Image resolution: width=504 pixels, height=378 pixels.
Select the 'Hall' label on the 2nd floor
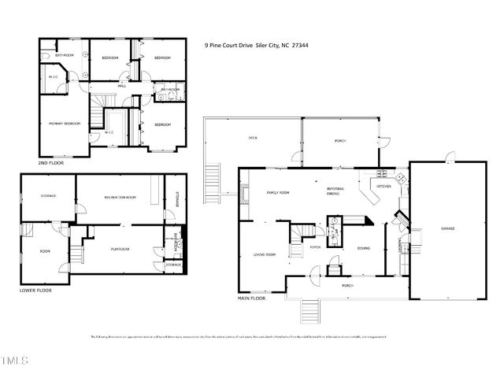coord(123,86)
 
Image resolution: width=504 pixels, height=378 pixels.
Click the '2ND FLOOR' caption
coord(52,163)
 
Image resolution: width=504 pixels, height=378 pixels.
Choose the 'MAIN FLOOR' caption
coord(251,298)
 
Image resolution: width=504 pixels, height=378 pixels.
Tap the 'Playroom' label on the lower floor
coord(119,249)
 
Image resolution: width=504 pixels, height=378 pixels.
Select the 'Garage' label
coord(447,228)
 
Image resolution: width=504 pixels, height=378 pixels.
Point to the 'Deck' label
coord(253,138)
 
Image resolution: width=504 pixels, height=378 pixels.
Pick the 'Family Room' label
coord(278,193)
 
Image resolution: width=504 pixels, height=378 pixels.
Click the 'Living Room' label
coord(263,254)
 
